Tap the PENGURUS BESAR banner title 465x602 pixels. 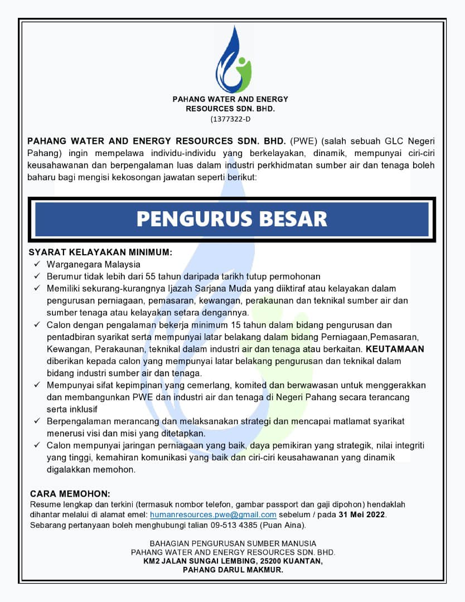[x=232, y=219]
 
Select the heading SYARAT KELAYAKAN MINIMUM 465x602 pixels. [x=100, y=252]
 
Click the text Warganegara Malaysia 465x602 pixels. [x=94, y=264]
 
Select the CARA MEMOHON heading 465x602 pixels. [x=70, y=494]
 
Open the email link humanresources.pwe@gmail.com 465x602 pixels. [x=213, y=514]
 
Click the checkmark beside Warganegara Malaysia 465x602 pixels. [x=37, y=264]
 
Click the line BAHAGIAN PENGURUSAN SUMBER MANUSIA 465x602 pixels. [x=232, y=543]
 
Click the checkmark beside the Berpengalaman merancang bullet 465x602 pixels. [x=37, y=421]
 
